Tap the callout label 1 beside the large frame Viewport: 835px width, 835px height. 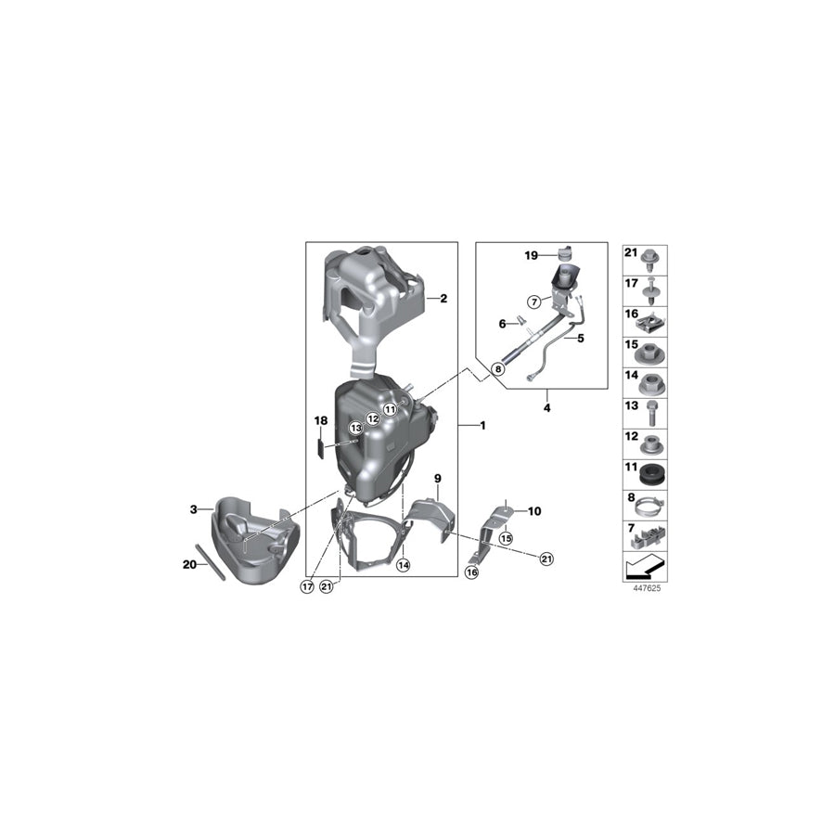click(483, 425)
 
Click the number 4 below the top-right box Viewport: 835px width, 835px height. click(580, 340)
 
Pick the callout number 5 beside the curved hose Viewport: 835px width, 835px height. click(502, 324)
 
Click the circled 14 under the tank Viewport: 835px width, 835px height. click(403, 563)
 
